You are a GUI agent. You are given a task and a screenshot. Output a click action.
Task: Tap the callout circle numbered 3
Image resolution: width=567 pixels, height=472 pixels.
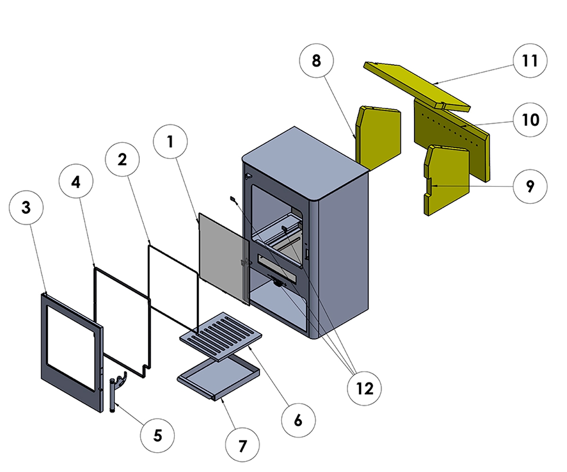point(26,207)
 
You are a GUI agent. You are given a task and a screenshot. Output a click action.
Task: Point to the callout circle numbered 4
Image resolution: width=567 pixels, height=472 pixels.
point(76,183)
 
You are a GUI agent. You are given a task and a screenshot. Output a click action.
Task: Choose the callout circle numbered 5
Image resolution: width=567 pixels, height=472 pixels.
point(157,435)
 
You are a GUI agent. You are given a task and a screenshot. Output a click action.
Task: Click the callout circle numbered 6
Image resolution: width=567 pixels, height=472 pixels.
point(298,420)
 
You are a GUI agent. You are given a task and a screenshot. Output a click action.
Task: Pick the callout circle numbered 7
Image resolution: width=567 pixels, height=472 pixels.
point(242,445)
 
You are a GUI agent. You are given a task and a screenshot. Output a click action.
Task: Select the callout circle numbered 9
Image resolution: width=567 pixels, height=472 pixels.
point(530,186)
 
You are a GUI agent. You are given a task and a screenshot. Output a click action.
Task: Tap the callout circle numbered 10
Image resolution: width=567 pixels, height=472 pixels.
point(531,120)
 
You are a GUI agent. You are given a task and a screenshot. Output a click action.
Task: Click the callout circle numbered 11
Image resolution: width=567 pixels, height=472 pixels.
point(531,61)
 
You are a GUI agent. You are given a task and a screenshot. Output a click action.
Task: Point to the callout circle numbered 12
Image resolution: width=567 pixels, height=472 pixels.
point(365,388)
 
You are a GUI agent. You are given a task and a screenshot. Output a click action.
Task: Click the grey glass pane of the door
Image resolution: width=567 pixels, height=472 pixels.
point(222,257)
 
